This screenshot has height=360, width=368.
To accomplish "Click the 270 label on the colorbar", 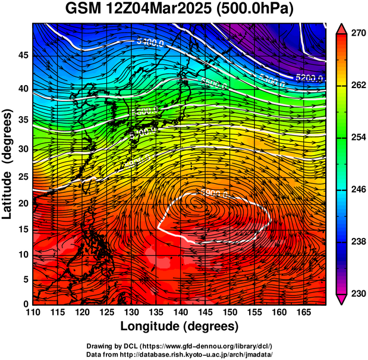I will click(x=357, y=34).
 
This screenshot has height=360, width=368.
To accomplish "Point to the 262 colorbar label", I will click(x=357, y=86).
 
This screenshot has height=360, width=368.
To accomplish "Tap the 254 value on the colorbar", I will click(x=357, y=137).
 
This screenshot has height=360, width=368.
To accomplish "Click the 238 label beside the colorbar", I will click(x=357, y=242).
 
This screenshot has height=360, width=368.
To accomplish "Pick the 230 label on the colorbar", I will click(x=357, y=293).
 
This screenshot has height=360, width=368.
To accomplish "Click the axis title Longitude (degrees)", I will click(x=180, y=326).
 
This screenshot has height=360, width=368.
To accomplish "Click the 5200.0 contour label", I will click(x=309, y=78).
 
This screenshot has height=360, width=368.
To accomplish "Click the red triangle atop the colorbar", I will click(x=342, y=28).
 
